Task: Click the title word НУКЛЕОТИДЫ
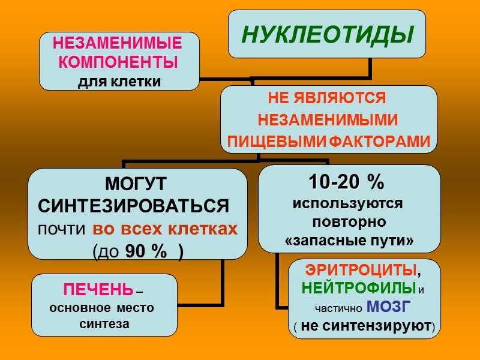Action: [x=328, y=35]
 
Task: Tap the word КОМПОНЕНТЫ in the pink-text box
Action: [x=119, y=62]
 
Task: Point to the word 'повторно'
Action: [x=349, y=221]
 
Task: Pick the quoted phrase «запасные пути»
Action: [x=349, y=241]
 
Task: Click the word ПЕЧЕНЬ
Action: [x=98, y=291]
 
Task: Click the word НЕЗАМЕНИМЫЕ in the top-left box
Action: [x=117, y=43]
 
